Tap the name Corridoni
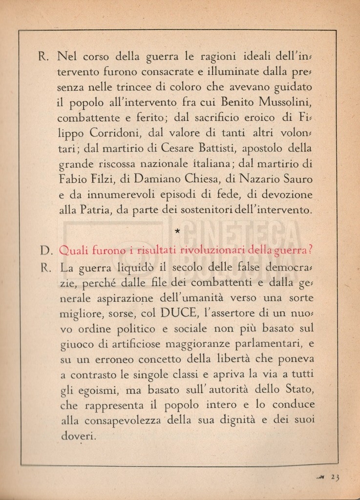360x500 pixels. (x=114, y=133)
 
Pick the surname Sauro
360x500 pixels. (x=295, y=179)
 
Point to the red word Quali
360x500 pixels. (x=72, y=250)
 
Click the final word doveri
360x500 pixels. (x=78, y=436)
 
